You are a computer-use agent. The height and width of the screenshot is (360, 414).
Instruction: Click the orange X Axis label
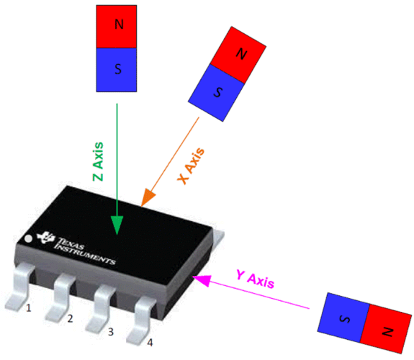tap(191, 166)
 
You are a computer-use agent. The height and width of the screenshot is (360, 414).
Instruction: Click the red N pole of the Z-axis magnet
tap(116, 26)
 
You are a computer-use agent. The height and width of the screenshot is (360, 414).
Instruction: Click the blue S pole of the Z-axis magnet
tap(116, 69)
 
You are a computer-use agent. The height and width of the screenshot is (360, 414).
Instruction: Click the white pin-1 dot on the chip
tap(28, 239)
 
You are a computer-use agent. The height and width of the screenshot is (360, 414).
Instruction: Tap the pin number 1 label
tap(28, 308)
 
